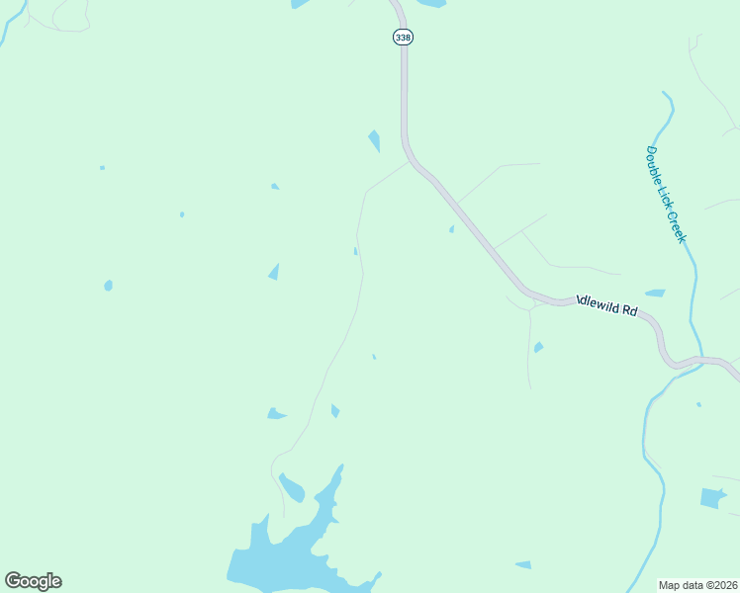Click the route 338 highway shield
[402, 37]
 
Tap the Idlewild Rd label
[607, 306]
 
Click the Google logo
[33, 580]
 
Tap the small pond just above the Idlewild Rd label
[655, 293]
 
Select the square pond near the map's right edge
[712, 498]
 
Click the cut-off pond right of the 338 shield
[431, 3]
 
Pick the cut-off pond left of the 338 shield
[300, 4]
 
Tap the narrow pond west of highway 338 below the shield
[374, 140]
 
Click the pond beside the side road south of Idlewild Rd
[538, 347]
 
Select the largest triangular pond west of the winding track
[274, 272]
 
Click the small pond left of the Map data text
[522, 564]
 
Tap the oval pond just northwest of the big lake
[292, 487]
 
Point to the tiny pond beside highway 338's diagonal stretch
[452, 229]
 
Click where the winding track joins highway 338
[409, 163]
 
